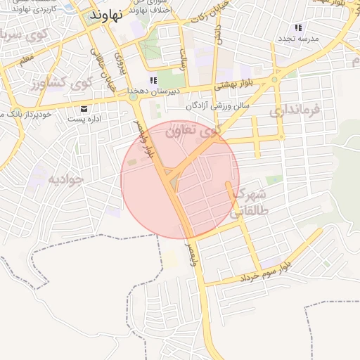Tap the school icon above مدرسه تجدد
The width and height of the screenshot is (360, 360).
pos(298,27)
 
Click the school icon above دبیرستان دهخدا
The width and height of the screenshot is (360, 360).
pos(153,80)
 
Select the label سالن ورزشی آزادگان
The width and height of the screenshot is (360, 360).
pos(219,105)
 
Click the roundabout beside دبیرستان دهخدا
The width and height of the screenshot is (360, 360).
pos(133,97)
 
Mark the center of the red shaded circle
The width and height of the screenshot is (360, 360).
pos(180,179)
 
